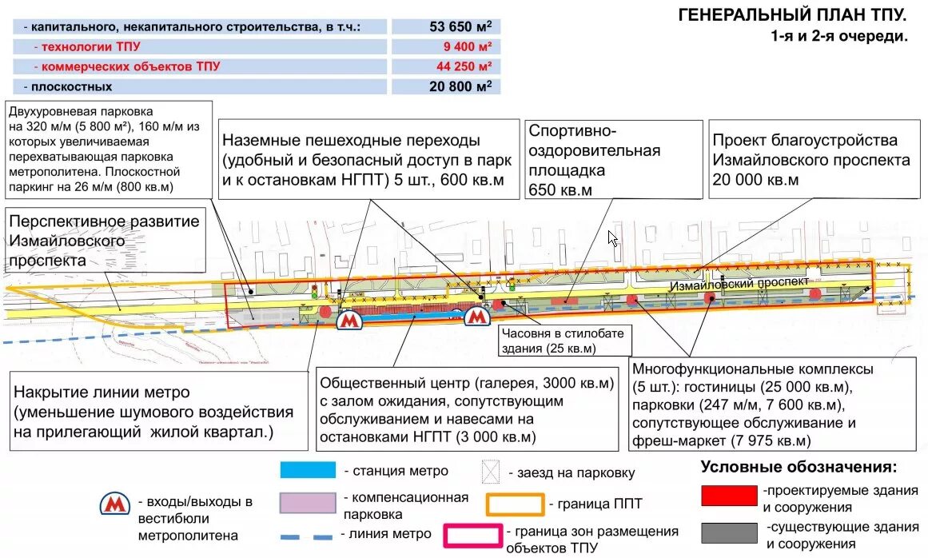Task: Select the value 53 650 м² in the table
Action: click(460, 26)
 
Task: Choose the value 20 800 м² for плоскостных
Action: click(460, 86)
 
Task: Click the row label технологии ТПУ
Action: click(89, 46)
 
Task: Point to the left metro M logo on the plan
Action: click(348, 320)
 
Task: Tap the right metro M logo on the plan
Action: click(477, 317)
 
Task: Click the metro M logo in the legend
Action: click(115, 504)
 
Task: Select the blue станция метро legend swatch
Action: click(308, 470)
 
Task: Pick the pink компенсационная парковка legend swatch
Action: click(308, 503)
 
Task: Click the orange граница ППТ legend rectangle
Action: click(516, 504)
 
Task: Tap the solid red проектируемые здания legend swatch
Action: click(728, 496)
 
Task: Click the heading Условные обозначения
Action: click(799, 467)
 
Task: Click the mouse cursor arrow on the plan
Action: click(612, 238)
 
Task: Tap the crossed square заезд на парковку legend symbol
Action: click(489, 472)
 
